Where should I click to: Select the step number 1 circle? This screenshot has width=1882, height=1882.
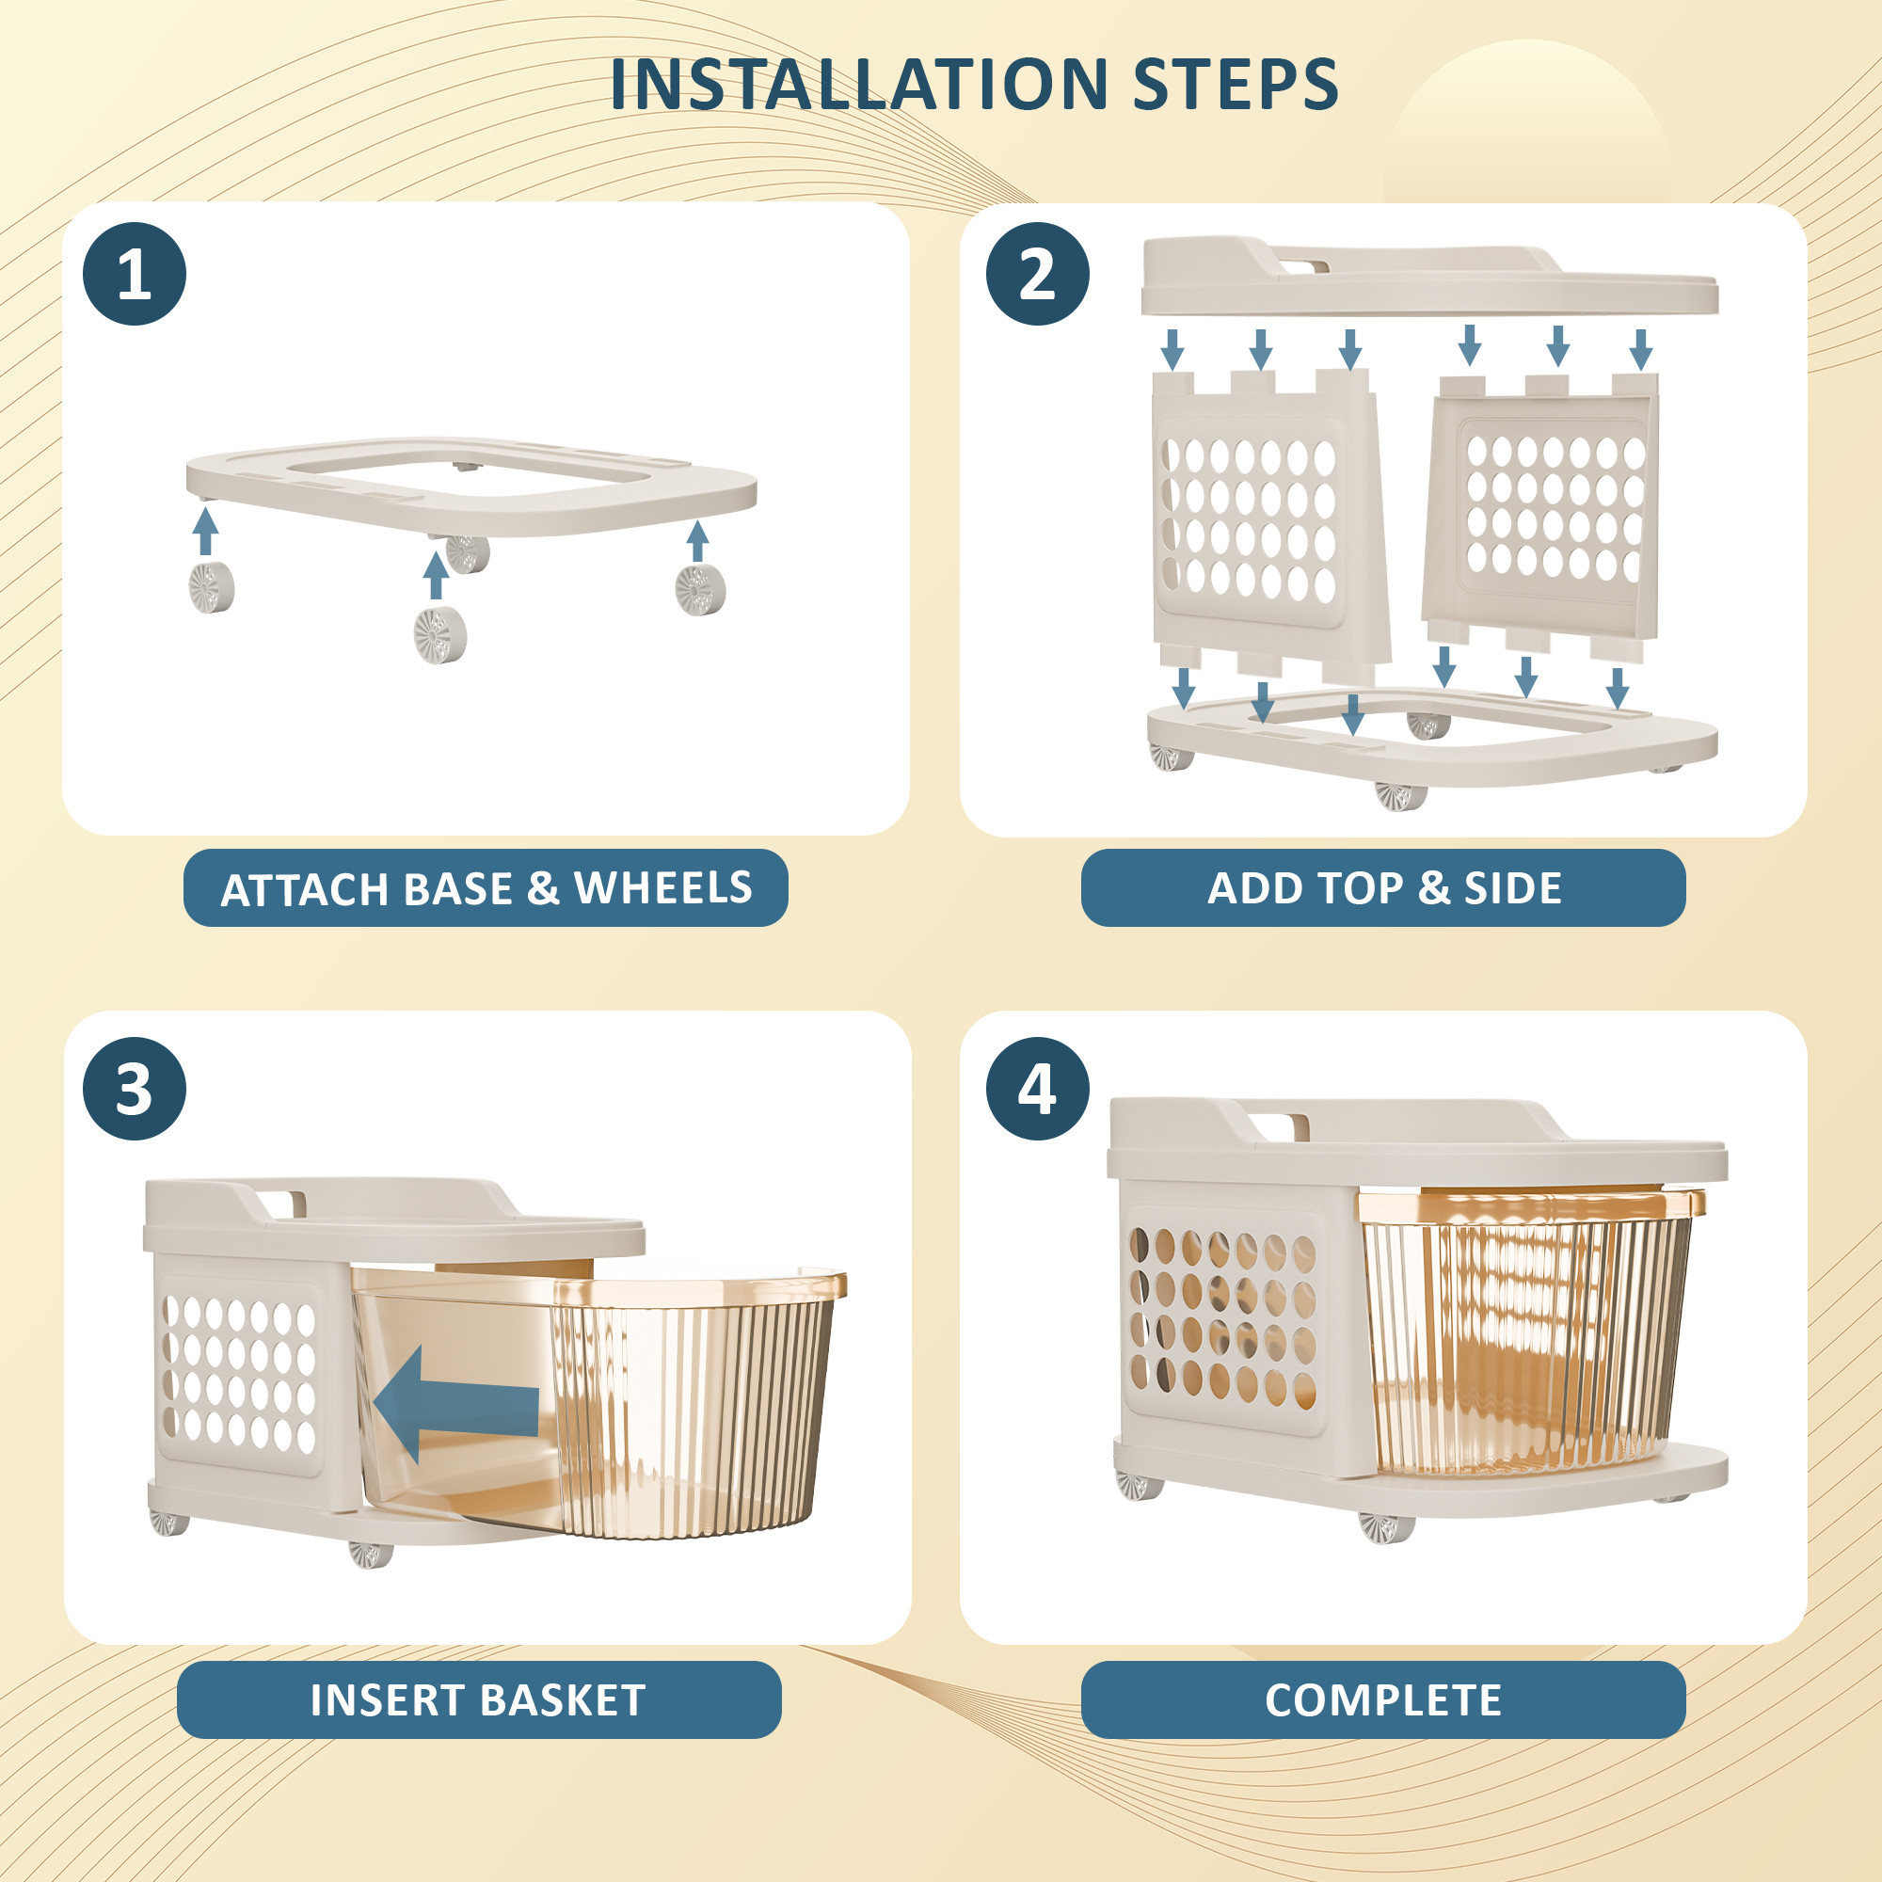click(135, 274)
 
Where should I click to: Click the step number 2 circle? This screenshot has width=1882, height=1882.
click(1036, 274)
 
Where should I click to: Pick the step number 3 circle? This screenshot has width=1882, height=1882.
click(135, 1088)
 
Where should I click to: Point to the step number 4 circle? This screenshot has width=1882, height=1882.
click(1036, 1088)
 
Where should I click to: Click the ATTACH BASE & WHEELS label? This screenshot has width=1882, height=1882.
click(486, 887)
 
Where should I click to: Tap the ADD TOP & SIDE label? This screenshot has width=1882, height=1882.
click(1382, 887)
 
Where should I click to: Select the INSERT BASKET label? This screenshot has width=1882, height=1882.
click(478, 1699)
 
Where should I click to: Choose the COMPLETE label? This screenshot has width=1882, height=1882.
click(1382, 1699)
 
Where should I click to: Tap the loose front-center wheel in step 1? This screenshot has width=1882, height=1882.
click(440, 636)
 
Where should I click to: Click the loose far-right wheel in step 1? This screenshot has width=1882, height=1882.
click(699, 589)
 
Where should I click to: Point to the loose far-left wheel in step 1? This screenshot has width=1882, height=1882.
click(211, 586)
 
